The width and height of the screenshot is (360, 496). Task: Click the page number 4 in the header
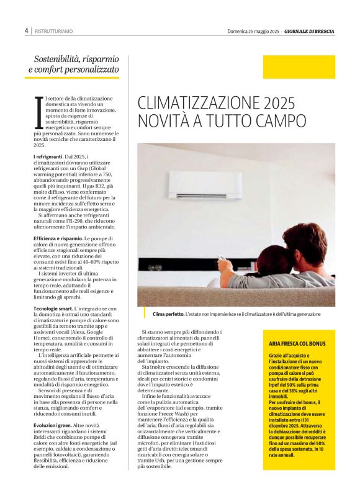point(27,30)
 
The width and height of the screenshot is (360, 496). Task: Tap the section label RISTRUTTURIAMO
point(53,30)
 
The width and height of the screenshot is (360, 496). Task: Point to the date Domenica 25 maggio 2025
point(253,30)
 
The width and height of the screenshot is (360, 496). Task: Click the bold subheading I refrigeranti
point(48,156)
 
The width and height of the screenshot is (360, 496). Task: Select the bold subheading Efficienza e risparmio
point(58,239)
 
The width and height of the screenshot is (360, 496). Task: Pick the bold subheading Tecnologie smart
point(53,309)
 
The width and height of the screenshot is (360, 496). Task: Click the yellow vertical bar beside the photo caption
point(143,312)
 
